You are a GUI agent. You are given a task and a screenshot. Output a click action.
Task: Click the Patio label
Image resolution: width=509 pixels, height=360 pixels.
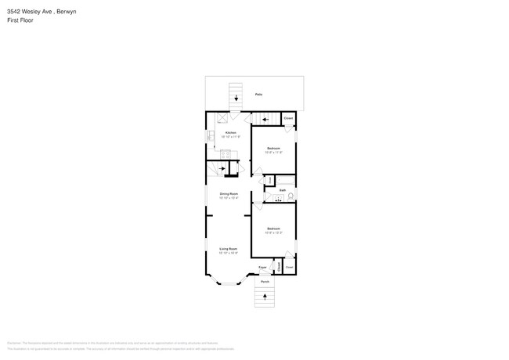[x=258, y=95]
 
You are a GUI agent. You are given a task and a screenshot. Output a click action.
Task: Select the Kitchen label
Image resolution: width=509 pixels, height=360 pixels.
[x=230, y=133]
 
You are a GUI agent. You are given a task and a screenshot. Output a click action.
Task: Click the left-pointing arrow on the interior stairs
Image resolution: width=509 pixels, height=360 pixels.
[x=266, y=120]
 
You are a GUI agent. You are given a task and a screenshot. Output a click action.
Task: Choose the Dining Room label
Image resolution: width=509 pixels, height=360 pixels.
[x=229, y=193]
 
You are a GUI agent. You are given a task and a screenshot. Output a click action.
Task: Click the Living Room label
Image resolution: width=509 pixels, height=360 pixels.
[x=228, y=249]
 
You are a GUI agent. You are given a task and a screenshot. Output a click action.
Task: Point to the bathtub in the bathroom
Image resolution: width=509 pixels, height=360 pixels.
[x=287, y=182]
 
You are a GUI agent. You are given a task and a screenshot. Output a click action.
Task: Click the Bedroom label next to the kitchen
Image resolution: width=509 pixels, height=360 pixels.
[x=273, y=148]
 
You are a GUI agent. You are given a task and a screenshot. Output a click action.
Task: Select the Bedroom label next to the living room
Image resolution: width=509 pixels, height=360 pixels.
[x=273, y=229]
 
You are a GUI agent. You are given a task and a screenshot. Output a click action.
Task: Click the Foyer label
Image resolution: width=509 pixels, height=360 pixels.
[x=263, y=268]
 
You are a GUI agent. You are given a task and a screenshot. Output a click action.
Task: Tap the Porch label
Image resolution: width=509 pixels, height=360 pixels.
[x=265, y=282]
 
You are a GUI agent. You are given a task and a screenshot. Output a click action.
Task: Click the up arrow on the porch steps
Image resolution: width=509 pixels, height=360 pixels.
[x=265, y=296]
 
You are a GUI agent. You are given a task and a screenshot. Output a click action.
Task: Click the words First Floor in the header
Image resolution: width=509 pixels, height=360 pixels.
[x=21, y=20]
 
